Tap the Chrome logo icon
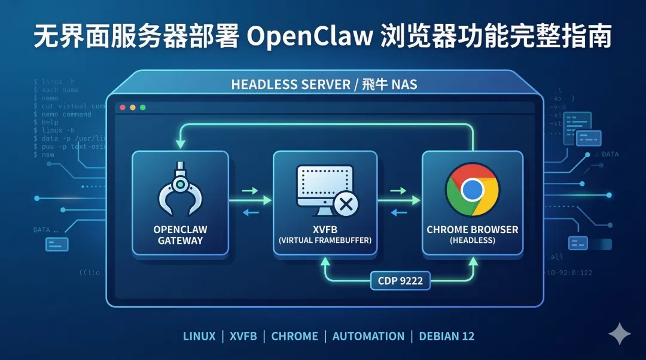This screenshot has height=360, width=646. [472, 190]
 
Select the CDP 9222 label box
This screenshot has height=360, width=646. [400, 280]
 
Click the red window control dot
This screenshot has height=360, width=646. [123, 108]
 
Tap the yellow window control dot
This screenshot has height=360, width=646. [132, 108]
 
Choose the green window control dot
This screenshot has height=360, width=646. [142, 108]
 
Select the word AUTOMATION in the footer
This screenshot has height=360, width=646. [368, 336]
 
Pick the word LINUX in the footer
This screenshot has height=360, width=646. [199, 336]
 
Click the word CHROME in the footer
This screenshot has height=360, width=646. [294, 336]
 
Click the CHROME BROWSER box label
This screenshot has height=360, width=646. [472, 230]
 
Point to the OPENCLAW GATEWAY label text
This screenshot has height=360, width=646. [180, 235]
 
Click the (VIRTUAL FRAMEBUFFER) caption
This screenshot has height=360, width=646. [325, 240]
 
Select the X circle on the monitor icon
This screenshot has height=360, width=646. [345, 205]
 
